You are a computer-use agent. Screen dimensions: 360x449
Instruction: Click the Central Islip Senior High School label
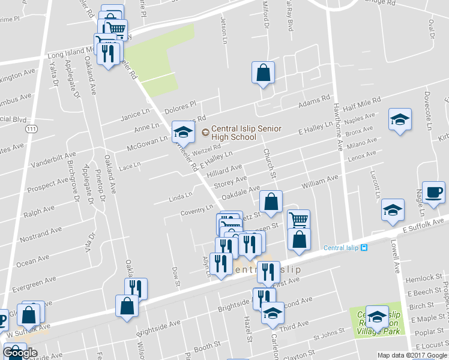[x=234, y=133]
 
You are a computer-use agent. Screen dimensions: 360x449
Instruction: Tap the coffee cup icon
[x=433, y=192]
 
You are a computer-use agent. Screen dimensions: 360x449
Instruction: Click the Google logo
[x=20, y=353]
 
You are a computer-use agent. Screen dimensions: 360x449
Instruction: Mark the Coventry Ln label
[x=197, y=210]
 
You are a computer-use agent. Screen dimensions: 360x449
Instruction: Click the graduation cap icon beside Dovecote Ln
[x=399, y=119]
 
